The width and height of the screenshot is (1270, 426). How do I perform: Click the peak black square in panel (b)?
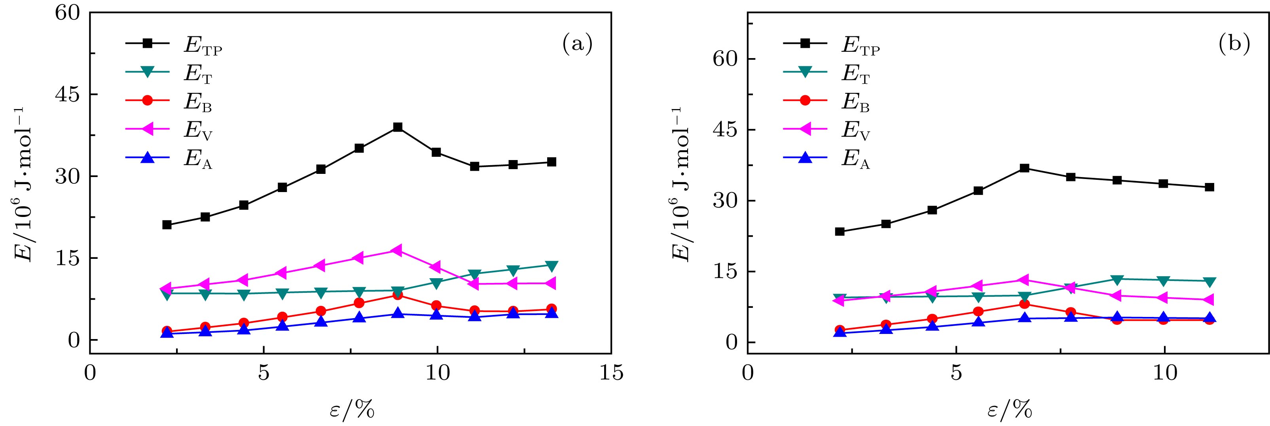pyautogui.click(x=1024, y=168)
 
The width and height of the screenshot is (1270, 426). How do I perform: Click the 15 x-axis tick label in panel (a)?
pyautogui.click(x=611, y=373)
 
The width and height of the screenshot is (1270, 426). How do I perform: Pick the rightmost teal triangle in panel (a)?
pyautogui.click(x=552, y=266)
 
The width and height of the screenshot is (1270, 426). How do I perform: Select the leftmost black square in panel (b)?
pyautogui.click(x=840, y=232)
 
